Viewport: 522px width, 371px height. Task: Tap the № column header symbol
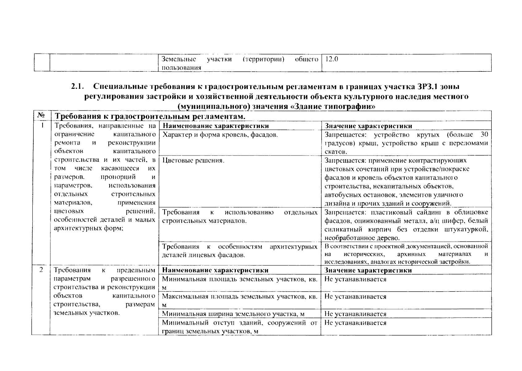click(x=41, y=115)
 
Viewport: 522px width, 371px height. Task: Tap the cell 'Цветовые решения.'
click(x=193, y=160)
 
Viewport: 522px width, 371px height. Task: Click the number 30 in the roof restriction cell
click(x=484, y=134)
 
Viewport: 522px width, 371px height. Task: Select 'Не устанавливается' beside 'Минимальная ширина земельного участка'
click(x=355, y=314)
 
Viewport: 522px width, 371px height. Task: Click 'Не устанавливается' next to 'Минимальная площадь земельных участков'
click(x=355, y=279)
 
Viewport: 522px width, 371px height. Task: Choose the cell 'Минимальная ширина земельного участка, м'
click(x=233, y=314)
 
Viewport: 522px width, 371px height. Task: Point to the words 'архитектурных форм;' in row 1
click(x=89, y=229)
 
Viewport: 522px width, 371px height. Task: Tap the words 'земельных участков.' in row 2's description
click(x=86, y=313)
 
